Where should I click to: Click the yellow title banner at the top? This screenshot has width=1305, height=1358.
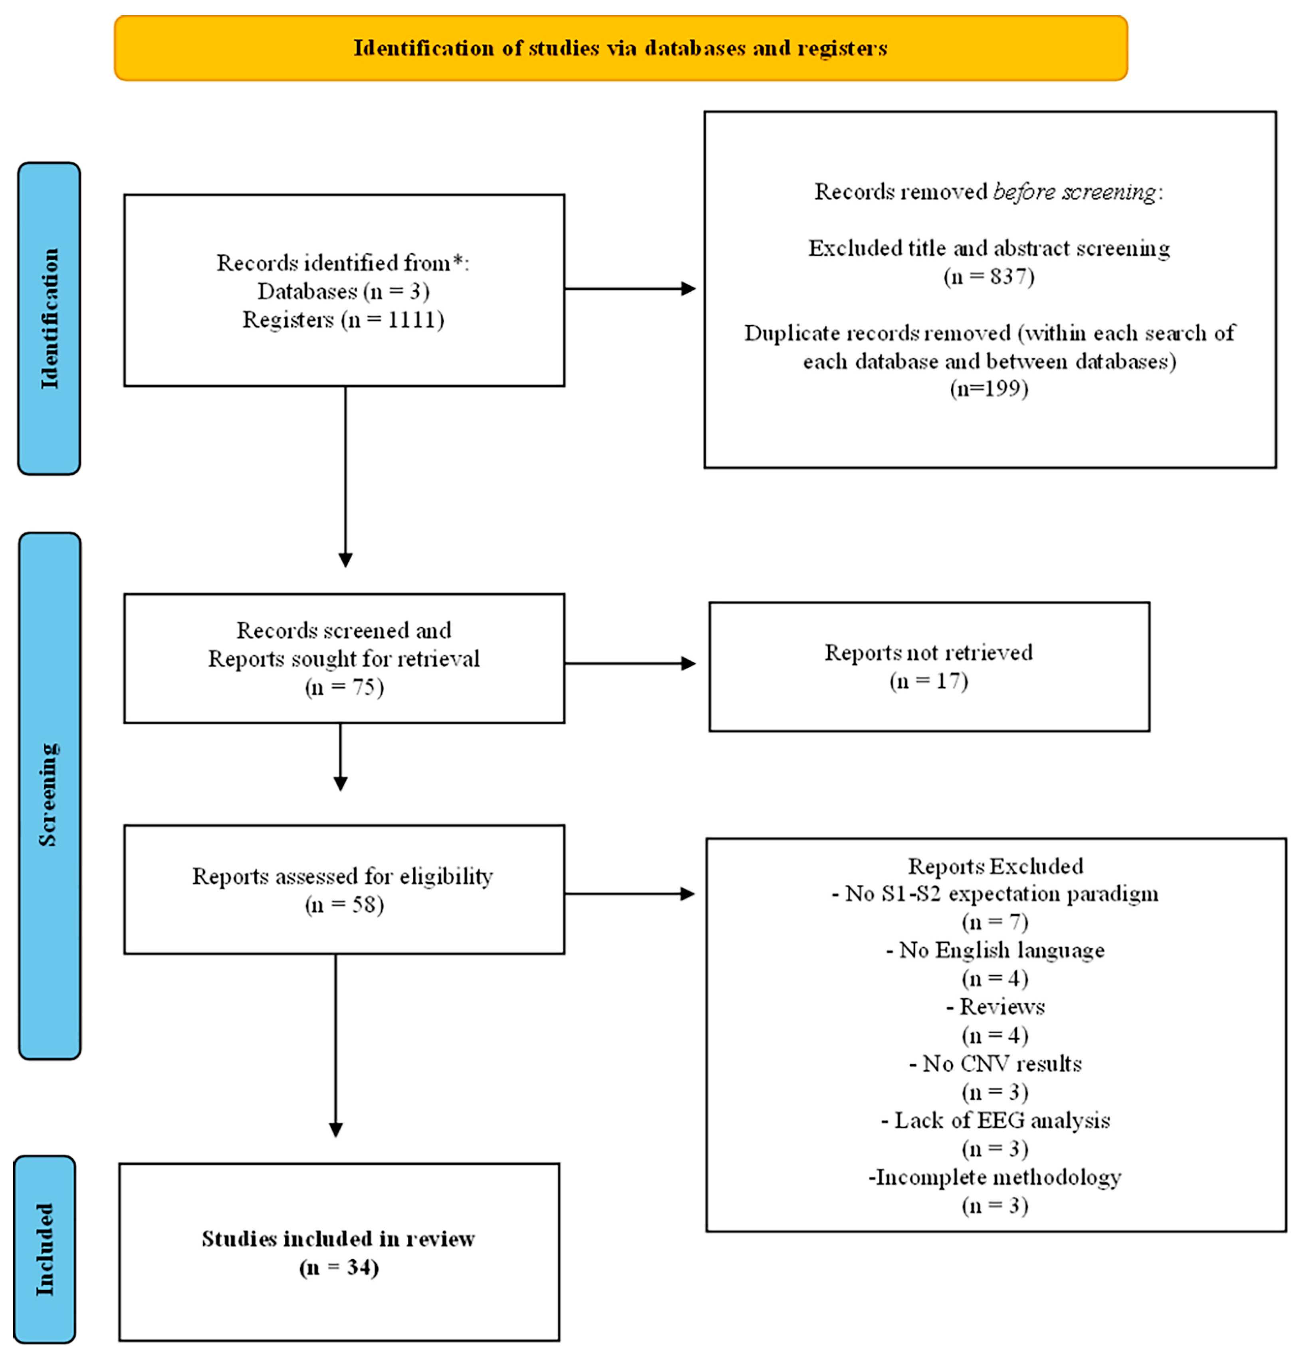621,48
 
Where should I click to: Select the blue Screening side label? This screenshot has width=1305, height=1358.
49,795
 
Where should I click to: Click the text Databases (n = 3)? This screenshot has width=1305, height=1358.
343,291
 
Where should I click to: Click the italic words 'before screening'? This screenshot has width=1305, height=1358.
1074,192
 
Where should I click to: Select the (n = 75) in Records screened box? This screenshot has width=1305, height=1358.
344,687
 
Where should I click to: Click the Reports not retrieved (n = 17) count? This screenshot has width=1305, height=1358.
928,681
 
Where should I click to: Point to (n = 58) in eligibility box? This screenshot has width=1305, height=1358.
344,904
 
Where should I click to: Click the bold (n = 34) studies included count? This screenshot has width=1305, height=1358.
339,1267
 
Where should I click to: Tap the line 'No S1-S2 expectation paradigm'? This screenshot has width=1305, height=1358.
996,894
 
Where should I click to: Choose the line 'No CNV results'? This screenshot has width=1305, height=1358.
996,1064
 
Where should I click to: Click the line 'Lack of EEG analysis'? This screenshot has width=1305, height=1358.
996,1120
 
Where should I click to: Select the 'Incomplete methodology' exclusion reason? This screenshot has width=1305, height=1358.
996,1177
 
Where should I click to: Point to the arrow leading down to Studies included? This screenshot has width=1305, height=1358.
336,1046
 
